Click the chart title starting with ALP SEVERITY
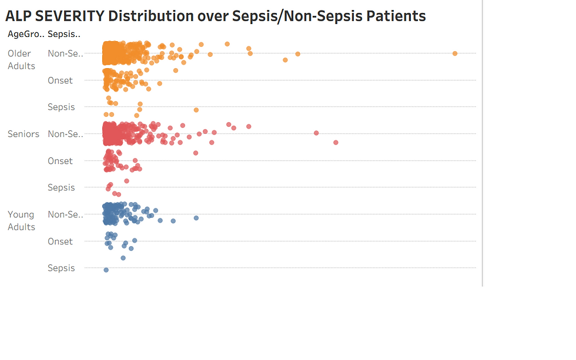click(215, 16)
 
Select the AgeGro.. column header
click(26, 34)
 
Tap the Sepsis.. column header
click(64, 34)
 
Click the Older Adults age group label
click(21, 59)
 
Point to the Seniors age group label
click(23, 134)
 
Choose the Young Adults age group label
click(21, 221)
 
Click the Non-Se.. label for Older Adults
click(65, 53)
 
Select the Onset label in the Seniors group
click(60, 161)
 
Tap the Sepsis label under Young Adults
click(61, 268)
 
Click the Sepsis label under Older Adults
click(61, 107)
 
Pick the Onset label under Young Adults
click(60, 241)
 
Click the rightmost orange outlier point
click(455, 53)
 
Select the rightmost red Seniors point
click(336, 142)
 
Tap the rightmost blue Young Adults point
click(196, 218)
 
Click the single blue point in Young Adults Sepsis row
click(106, 270)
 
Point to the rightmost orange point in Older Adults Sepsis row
click(196, 110)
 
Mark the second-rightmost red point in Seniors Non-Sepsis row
click(316, 133)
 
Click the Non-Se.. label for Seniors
click(65, 134)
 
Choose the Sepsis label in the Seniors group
click(61, 187)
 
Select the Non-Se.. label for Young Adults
click(65, 214)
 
